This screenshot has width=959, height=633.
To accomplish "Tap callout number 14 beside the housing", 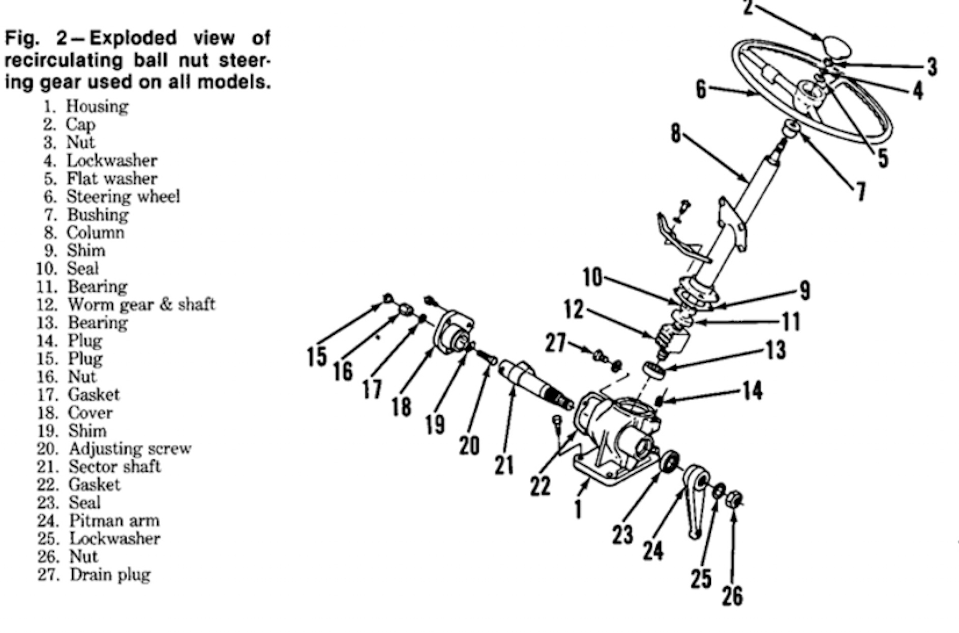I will [x=752, y=391].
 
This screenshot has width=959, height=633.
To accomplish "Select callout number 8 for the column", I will [x=675, y=134].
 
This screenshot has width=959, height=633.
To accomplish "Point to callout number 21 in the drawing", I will [x=504, y=465].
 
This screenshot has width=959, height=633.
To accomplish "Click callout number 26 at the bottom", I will [x=732, y=595].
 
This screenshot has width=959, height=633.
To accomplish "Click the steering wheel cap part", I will [x=836, y=47].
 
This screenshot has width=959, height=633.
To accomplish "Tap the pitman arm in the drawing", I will [x=695, y=496].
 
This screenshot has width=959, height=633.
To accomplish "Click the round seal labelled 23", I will [x=670, y=461].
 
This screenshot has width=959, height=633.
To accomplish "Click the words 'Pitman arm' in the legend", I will [x=114, y=521].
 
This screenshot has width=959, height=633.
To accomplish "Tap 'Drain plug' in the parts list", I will [x=110, y=574].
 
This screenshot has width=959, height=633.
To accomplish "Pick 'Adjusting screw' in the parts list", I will [x=130, y=448].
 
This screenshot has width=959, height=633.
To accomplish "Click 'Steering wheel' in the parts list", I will [x=123, y=196].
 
